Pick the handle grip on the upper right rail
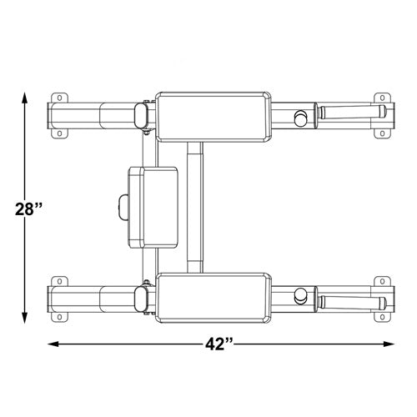350,112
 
